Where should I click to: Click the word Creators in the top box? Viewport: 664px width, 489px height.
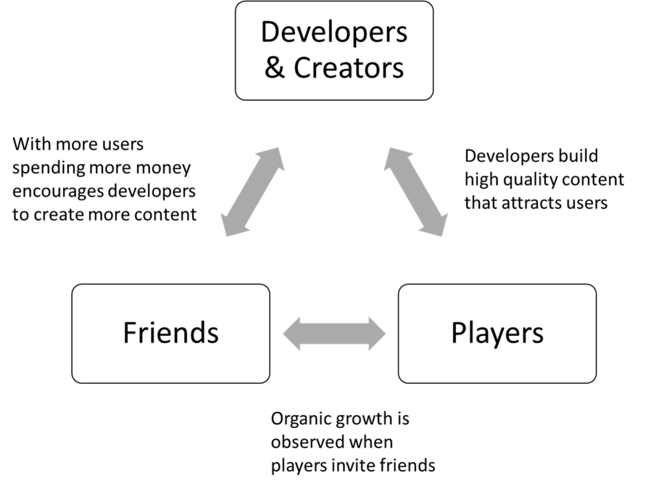point(348,68)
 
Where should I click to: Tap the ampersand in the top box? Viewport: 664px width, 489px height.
point(274,68)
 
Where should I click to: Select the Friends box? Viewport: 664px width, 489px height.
point(171,333)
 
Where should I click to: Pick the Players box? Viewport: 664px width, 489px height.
point(497,333)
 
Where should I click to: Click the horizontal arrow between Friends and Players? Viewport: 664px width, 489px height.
point(334,333)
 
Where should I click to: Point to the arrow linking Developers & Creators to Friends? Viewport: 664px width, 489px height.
point(253,192)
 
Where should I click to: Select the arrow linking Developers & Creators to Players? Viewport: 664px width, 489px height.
point(416,192)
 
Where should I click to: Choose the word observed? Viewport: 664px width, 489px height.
point(302,442)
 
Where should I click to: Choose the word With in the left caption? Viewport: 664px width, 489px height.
point(32,145)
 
